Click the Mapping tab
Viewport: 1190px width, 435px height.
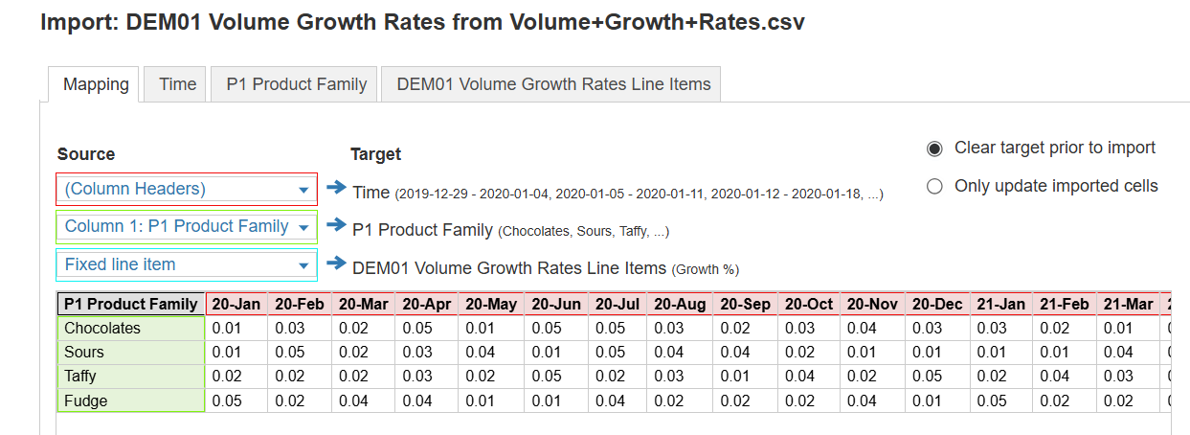point(96,84)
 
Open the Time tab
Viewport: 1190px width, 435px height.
point(178,84)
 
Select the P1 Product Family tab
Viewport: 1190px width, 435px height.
point(297,84)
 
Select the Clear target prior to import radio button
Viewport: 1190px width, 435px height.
point(934,149)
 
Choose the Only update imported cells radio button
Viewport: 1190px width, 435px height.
point(934,187)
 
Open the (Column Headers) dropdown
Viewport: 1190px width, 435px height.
point(187,190)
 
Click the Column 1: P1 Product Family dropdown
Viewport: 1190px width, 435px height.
point(187,227)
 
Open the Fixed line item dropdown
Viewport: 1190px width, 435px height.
point(187,264)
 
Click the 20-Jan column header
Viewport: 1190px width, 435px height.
point(236,304)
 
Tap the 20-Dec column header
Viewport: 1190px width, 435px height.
point(937,304)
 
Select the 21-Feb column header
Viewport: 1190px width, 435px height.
point(1065,304)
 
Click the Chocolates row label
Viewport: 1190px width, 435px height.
point(131,329)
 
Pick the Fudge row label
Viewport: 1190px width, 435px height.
point(131,401)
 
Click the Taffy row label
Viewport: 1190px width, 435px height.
point(131,377)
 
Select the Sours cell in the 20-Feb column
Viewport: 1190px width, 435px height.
point(300,353)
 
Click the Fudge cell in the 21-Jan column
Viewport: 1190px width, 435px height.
point(1000,401)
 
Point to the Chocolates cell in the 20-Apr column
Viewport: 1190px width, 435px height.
point(427,329)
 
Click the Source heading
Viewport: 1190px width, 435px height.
point(86,154)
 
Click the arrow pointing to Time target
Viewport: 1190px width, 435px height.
point(335,189)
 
